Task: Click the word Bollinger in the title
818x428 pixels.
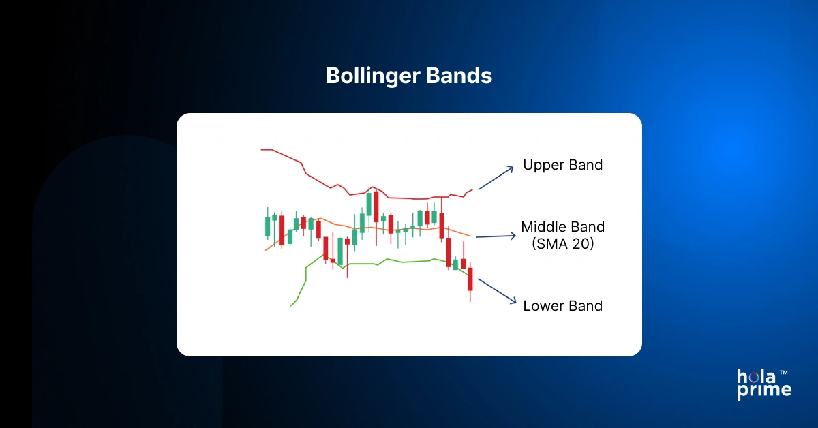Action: [369, 76]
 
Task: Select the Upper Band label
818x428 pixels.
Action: [562, 165]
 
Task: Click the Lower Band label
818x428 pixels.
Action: [562, 306]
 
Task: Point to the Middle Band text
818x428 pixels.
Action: [562, 227]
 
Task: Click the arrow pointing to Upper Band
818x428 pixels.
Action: [496, 177]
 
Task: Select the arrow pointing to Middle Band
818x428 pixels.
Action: [496, 236]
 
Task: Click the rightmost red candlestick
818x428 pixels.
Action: [470, 279]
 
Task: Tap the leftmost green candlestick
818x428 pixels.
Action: [267, 226]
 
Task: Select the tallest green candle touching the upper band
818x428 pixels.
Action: [369, 204]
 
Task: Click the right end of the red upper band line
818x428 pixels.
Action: [472, 190]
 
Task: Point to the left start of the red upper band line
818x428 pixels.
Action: [262, 149]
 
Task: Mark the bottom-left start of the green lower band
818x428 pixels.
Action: [292, 305]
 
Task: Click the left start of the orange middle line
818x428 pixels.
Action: [266, 250]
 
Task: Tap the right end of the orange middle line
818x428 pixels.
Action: [469, 236]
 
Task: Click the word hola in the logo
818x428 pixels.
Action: [755, 376]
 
